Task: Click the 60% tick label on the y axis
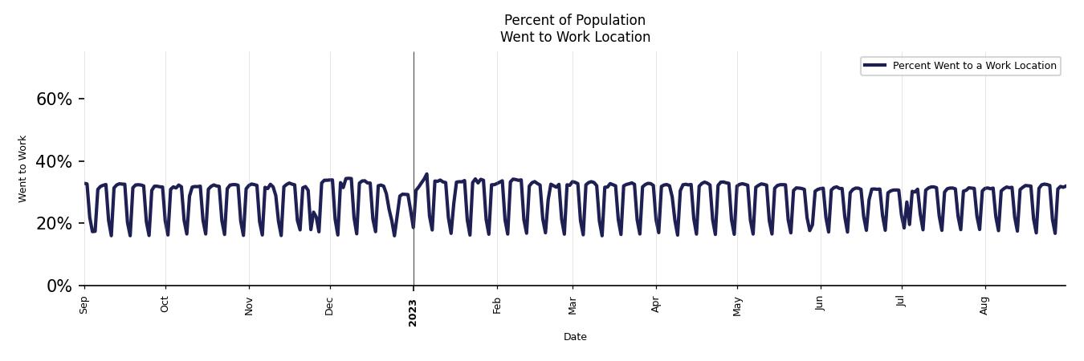(x=54, y=99)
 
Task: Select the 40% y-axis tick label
(x=54, y=162)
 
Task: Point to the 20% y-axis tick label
(x=54, y=224)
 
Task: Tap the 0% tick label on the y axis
(x=59, y=286)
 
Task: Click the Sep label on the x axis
(x=84, y=305)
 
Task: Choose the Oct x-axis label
(x=165, y=305)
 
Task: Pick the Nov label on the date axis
(x=249, y=306)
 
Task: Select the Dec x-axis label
(x=330, y=306)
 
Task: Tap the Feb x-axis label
(x=497, y=306)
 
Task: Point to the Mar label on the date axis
(x=573, y=306)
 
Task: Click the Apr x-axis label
(x=656, y=305)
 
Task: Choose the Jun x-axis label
(x=821, y=305)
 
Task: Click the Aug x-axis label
(x=985, y=306)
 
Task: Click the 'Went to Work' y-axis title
(x=22, y=168)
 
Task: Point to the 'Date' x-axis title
(x=575, y=337)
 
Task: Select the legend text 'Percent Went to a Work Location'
(x=974, y=66)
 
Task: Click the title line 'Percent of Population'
(x=575, y=20)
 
